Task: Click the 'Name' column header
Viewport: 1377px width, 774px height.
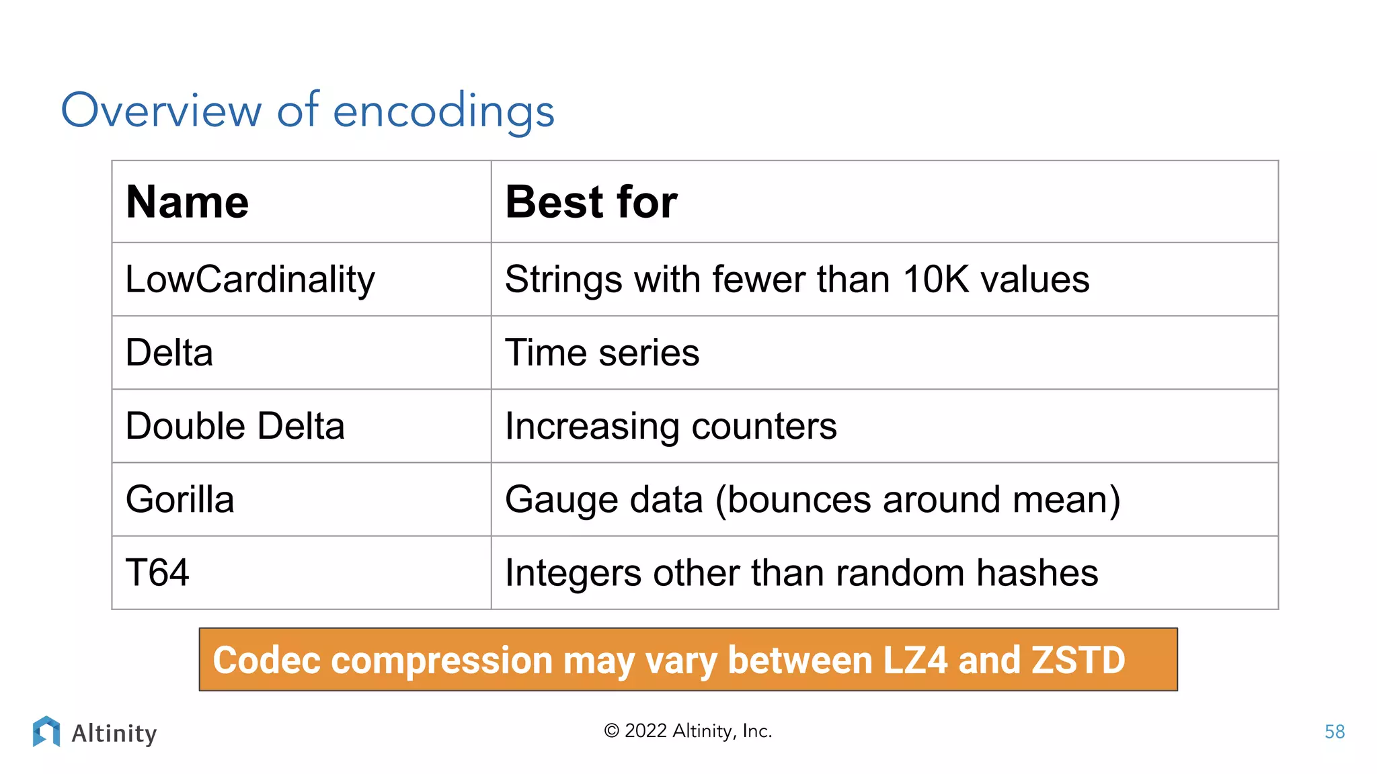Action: [188, 202]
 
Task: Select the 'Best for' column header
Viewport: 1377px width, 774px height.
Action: [591, 202]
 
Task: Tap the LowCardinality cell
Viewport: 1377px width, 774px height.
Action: [250, 279]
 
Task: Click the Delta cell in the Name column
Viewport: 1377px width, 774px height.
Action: [169, 353]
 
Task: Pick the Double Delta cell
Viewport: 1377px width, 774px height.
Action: [235, 426]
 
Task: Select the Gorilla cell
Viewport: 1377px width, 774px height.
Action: [180, 499]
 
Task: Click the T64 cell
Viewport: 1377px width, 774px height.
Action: [157, 572]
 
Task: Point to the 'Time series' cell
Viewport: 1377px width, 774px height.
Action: [602, 353]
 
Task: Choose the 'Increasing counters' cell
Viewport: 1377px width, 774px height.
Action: [670, 426]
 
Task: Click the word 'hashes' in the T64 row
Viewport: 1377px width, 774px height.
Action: [1037, 573]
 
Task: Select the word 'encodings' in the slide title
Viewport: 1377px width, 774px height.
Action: [444, 111]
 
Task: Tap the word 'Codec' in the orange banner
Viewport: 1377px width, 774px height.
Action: [266, 660]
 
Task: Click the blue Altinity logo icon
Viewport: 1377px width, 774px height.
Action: [46, 731]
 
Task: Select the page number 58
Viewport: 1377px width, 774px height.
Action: [1334, 732]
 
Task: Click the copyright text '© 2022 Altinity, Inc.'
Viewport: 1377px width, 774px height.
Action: [688, 731]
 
